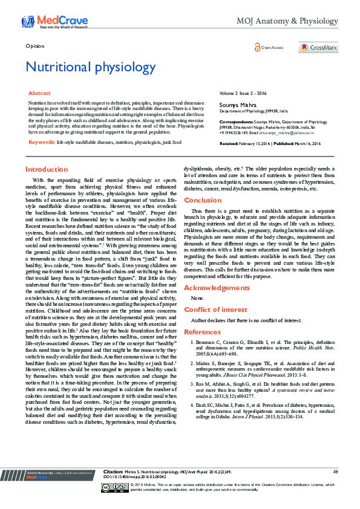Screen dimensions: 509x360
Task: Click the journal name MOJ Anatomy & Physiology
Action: pos(295,22)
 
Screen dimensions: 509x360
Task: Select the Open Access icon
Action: pos(257,47)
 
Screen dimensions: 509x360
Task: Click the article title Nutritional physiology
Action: pos(91,66)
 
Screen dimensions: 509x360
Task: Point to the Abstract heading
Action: pos(39,94)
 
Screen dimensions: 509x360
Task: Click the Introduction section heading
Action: pos(47,169)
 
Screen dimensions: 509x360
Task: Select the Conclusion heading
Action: pos(203,199)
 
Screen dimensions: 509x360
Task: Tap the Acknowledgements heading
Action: pos(216,288)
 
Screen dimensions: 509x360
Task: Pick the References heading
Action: pos(202,332)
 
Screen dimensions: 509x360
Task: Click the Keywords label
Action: pos(41,141)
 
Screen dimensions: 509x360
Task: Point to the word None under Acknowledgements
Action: pos(197,299)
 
